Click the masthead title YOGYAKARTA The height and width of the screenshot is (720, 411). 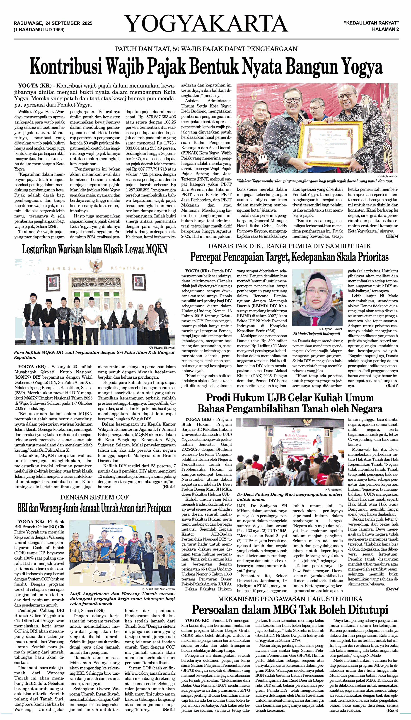[206, 24]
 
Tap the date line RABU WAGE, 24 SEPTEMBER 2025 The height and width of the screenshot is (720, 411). [53, 23]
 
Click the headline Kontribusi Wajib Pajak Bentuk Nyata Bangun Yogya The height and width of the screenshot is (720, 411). [206, 67]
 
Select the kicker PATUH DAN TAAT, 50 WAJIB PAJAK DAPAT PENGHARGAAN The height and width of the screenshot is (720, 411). [206, 49]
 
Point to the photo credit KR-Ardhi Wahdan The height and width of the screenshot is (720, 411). [388, 176]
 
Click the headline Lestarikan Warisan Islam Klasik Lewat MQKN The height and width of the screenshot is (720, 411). [94, 249]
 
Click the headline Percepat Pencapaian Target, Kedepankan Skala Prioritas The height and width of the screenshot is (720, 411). [289, 257]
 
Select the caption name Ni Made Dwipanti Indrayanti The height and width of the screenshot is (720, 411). [317, 334]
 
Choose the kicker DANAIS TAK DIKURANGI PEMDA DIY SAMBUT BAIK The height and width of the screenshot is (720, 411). [289, 246]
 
